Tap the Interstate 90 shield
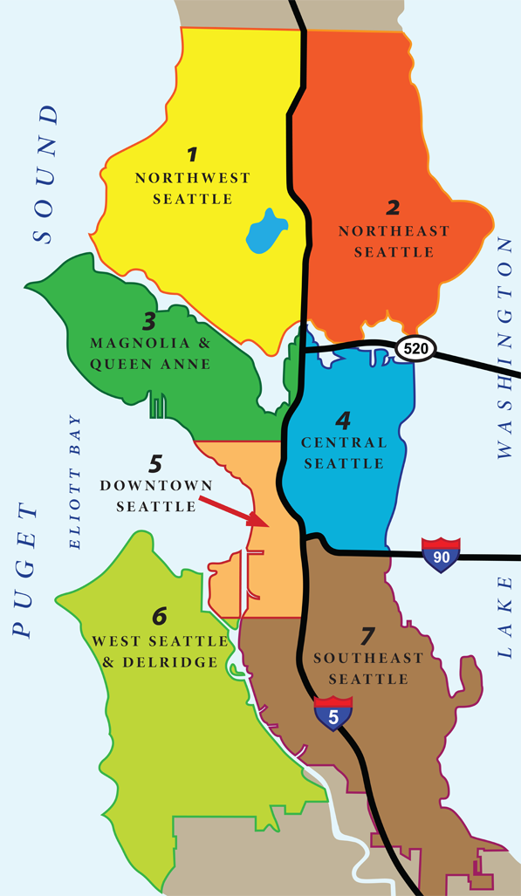coord(440,555)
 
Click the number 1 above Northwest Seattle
coord(192,156)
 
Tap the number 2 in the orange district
coord(394,208)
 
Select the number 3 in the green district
coord(149,319)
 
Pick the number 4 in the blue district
coord(343,421)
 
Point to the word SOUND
coord(44,174)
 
